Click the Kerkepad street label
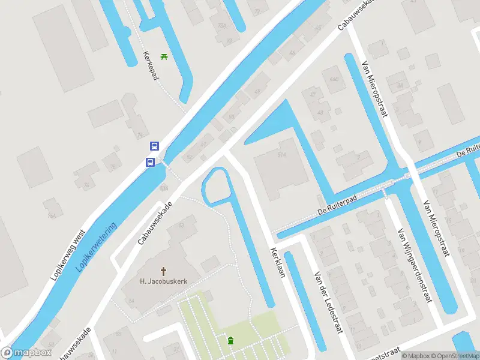pos(150,65)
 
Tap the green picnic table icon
pos(164,57)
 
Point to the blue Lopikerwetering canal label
pos(97,247)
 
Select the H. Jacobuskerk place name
pos(164,281)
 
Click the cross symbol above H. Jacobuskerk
pos(163,271)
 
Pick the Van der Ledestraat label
pos(328,302)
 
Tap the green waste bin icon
pos(231,341)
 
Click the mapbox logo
pos(25,353)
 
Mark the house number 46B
pos(334,80)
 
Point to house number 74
pos(140,135)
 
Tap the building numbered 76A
pos(222,26)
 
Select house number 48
pos(320,112)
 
